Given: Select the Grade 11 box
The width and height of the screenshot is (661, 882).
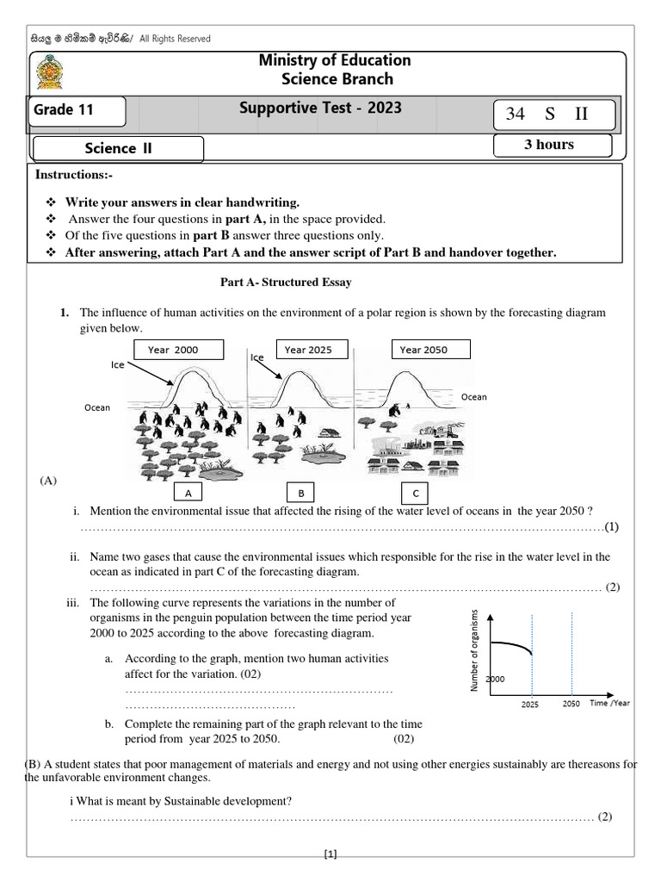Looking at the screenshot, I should [x=78, y=110].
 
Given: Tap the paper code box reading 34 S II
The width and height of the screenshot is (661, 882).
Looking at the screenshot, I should [x=553, y=114].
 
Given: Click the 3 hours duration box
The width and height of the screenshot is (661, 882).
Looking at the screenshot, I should [x=552, y=145].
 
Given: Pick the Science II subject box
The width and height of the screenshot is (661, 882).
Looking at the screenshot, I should [x=118, y=148].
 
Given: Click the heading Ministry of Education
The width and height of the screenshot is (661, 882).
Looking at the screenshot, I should [x=335, y=59].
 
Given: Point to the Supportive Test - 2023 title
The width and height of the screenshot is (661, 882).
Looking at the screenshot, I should [x=321, y=109].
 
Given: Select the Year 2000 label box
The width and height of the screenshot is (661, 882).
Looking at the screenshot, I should [x=179, y=349].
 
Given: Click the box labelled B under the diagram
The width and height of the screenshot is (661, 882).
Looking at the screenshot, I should [x=301, y=494].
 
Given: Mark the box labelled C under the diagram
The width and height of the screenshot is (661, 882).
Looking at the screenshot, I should [x=417, y=494].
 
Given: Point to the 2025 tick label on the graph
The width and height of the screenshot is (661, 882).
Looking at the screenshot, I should [x=531, y=705].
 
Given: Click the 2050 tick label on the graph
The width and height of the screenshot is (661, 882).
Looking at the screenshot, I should [x=571, y=704].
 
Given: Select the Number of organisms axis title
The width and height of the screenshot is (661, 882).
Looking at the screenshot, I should [x=473, y=650].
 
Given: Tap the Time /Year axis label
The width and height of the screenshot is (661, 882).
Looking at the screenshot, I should [x=609, y=703].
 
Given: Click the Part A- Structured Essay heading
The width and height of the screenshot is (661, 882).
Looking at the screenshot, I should [x=281, y=283].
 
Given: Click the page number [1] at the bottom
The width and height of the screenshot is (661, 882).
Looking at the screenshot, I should [x=330, y=854].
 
